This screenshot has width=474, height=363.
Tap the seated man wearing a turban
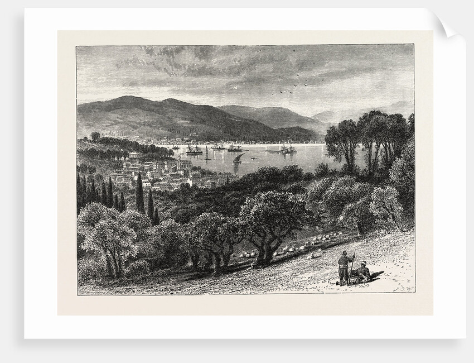[362, 273]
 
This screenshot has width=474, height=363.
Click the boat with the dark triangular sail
[237, 159]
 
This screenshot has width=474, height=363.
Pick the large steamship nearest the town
[194, 149]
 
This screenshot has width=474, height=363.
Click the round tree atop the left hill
[95, 136]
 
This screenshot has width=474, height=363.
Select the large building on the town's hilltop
[135, 157]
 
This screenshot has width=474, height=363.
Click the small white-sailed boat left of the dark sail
[207, 154]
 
